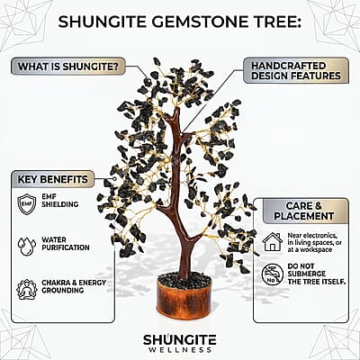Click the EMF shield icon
tap(27, 204)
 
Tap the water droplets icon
tap(27, 247)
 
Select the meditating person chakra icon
tap(27, 289)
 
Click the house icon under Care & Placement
tap(273, 242)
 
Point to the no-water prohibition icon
tap(273, 274)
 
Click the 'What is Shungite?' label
tap(68, 67)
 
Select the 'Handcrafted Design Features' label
tap(296, 71)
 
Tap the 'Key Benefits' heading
tap(53, 179)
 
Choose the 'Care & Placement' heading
tap(304, 211)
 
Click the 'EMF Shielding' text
tap(60, 201)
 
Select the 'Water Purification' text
tap(66, 244)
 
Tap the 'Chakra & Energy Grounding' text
tap(74, 286)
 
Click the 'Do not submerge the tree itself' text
tap(317, 274)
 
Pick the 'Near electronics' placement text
tap(314, 242)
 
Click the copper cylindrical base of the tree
tap(184, 300)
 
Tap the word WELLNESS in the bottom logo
tap(180, 350)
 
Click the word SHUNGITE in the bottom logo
tap(180, 339)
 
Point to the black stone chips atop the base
tap(184, 280)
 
